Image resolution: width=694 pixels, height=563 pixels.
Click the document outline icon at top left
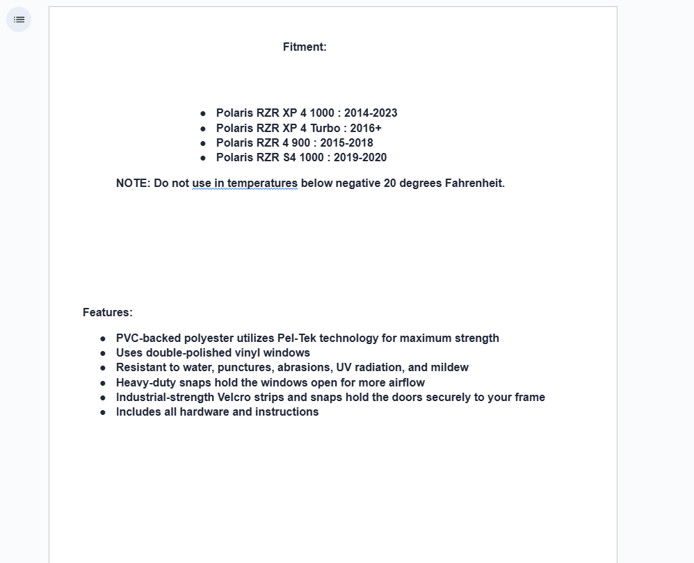19,19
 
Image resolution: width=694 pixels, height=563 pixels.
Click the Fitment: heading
305,47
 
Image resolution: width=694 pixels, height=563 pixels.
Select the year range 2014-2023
371,113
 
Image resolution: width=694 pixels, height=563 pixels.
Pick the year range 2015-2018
346,143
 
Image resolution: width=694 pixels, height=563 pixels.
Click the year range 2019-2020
360,158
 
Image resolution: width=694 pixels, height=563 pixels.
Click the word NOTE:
133,183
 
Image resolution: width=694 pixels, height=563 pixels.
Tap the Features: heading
108,313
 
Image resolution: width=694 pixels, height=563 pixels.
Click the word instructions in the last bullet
288,412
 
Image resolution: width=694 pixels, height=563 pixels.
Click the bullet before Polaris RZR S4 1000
203,158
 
